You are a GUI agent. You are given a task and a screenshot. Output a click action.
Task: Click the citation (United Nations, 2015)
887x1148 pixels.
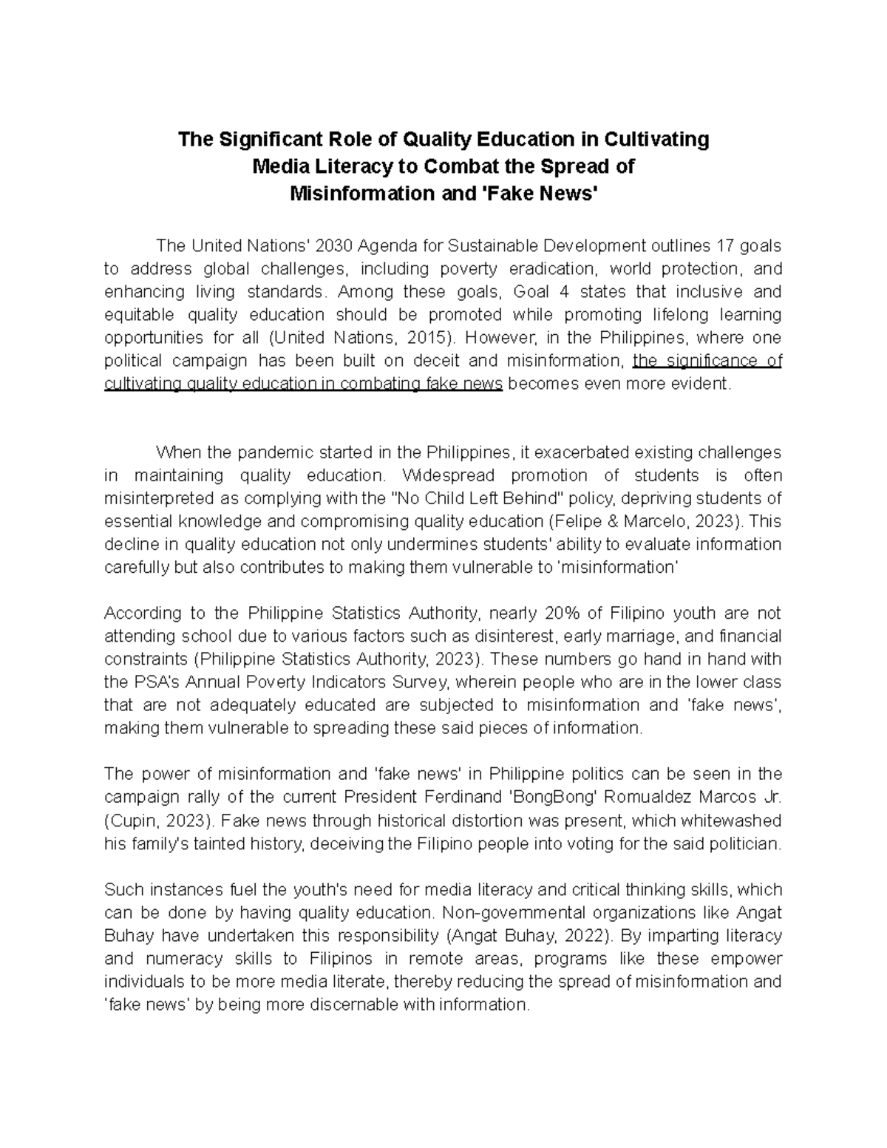click(360, 338)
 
